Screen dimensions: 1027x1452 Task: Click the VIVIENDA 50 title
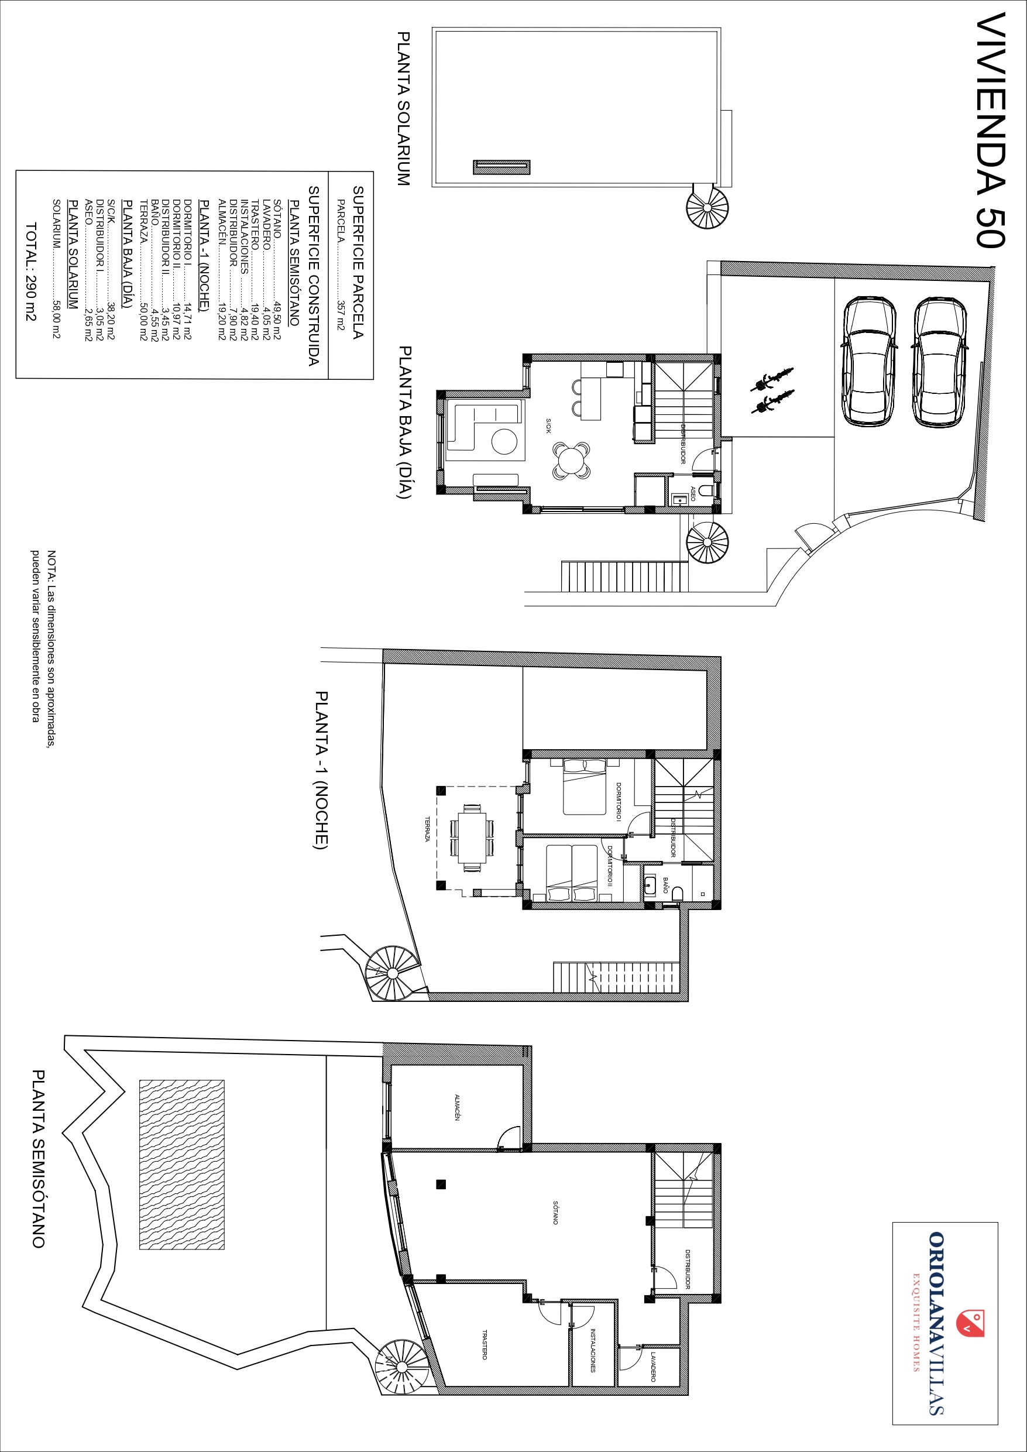(991, 131)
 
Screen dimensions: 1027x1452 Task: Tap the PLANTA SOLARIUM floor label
(403, 109)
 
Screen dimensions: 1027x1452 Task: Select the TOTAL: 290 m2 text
(31, 272)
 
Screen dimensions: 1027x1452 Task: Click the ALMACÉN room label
(456, 1107)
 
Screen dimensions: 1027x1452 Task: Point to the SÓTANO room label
(555, 1212)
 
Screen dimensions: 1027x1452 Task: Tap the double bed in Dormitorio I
(585, 786)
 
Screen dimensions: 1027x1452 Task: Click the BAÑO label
(665, 884)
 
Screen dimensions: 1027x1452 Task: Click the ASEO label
(693, 494)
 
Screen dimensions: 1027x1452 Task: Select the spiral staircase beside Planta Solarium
(707, 206)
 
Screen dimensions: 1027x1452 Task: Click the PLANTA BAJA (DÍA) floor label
(403, 423)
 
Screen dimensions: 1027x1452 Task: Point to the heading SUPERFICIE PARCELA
(358, 262)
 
